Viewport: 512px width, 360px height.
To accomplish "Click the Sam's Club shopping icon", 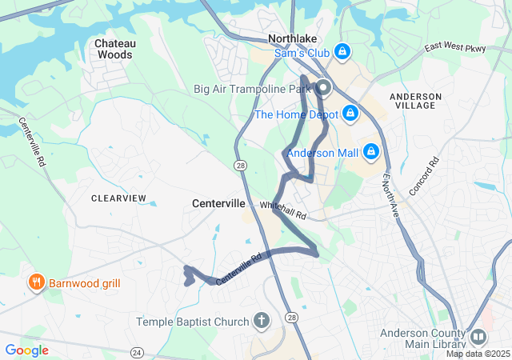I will tap(342, 52).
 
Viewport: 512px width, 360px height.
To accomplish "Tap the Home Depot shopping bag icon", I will tap(350, 114).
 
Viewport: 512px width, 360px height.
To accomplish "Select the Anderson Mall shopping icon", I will tap(370, 150).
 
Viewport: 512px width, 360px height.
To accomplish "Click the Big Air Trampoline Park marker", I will tap(324, 89).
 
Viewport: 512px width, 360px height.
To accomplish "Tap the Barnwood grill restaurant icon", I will tap(35, 282).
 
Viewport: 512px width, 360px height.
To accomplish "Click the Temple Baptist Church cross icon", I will tap(261, 322).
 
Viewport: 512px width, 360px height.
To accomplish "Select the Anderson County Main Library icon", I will tap(478, 337).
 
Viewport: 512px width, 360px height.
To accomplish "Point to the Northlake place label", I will tap(292, 38).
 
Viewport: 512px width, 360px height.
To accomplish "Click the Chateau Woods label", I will tap(115, 49).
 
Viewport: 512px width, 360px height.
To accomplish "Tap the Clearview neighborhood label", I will tap(118, 198).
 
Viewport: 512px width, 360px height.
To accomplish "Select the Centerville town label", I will tap(218, 204).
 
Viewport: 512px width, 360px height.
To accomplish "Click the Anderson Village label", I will tap(414, 101).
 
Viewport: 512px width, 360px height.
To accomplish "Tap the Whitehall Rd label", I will tap(283, 211).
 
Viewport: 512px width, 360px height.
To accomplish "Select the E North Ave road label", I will tap(390, 195).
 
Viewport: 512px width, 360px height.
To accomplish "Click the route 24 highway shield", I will tap(137, 352).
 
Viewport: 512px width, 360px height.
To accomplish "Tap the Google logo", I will tap(26, 350).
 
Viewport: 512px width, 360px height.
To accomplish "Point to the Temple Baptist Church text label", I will tap(193, 322).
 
